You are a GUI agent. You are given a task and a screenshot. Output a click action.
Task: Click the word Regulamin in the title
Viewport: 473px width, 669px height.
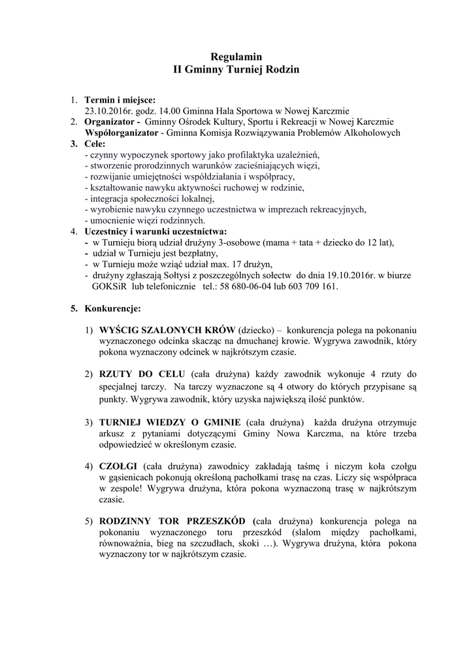coord(236,57)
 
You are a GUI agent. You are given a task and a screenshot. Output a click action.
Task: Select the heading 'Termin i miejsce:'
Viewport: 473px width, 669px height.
coord(120,100)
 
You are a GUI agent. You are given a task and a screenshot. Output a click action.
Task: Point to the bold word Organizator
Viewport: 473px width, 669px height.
coord(109,122)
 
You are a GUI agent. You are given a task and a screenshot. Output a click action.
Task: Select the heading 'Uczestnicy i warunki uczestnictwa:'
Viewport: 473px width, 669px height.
coord(156,231)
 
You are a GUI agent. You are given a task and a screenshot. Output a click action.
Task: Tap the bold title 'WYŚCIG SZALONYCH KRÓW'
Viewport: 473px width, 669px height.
coord(167,330)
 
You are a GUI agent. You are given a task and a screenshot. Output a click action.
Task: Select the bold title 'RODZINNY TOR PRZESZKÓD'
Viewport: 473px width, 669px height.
coord(172,521)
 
